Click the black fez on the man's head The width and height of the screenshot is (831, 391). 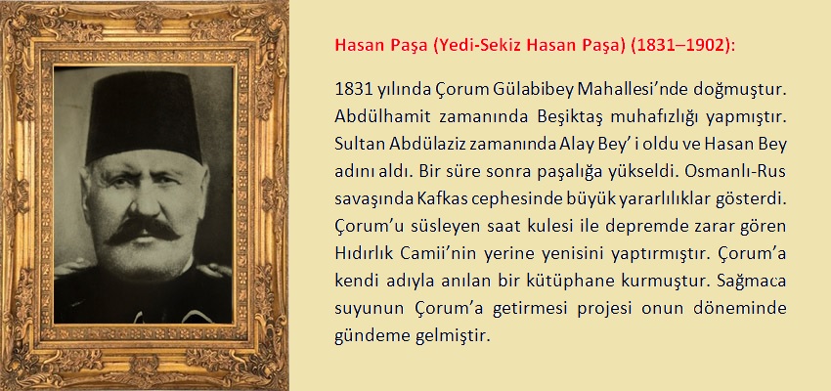144,116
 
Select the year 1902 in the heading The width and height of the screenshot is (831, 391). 709,46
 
